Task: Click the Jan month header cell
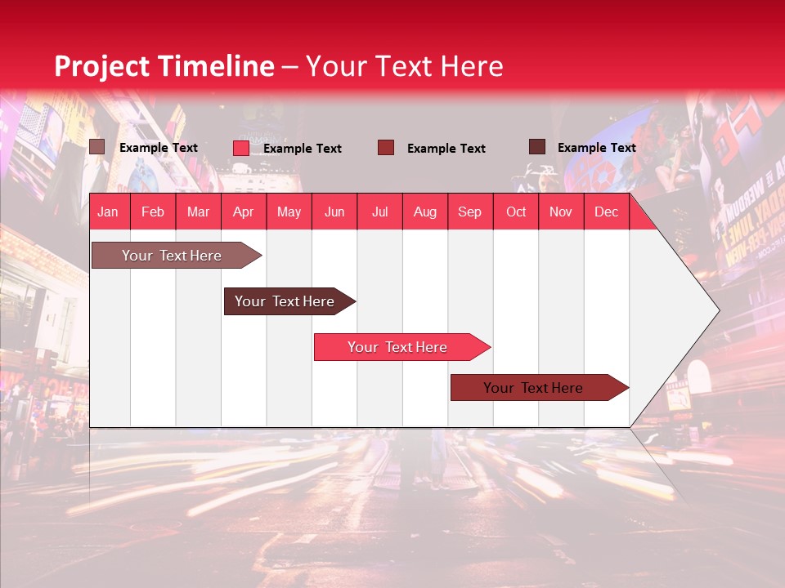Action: pyautogui.click(x=109, y=212)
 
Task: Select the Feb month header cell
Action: pyautogui.click(x=153, y=212)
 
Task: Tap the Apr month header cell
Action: pyautogui.click(x=244, y=212)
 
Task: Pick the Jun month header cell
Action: pyautogui.click(x=334, y=212)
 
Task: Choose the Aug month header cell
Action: pyautogui.click(x=425, y=212)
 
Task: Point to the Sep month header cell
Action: pyautogui.click(x=470, y=212)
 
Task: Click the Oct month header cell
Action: pyautogui.click(x=516, y=212)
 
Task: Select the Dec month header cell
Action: pyautogui.click(x=607, y=212)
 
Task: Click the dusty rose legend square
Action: pyautogui.click(x=97, y=147)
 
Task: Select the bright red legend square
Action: pyautogui.click(x=241, y=148)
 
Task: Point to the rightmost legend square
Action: pyautogui.click(x=537, y=147)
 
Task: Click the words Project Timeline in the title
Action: pyautogui.click(x=164, y=66)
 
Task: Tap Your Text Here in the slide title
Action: pyautogui.click(x=405, y=66)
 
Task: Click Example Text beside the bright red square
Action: pyautogui.click(x=303, y=149)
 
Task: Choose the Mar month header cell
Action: pyautogui.click(x=198, y=212)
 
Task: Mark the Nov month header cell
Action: pyautogui.click(x=561, y=212)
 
